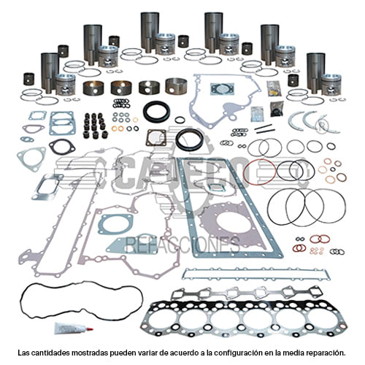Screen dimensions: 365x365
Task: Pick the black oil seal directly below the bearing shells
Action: click(156, 112)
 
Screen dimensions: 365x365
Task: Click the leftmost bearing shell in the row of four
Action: click(93, 88)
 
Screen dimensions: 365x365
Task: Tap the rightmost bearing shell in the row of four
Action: click(176, 86)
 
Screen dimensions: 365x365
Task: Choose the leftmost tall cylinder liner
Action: click(50, 72)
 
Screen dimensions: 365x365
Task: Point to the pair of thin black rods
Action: click(264, 128)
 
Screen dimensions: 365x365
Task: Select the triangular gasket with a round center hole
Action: click(31, 158)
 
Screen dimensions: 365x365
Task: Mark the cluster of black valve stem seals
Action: click(96, 125)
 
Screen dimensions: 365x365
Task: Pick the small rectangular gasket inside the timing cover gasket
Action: click(220, 89)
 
